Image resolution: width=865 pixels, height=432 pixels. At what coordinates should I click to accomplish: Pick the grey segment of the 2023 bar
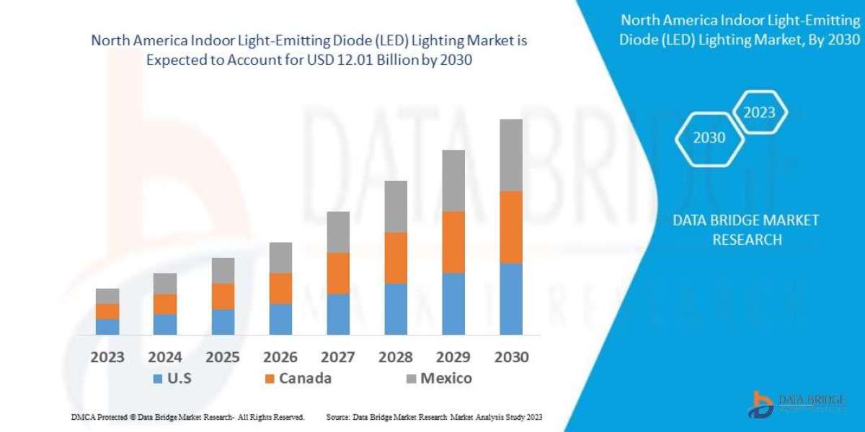(x=107, y=295)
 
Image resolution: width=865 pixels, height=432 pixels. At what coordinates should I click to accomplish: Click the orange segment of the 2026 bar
(x=280, y=288)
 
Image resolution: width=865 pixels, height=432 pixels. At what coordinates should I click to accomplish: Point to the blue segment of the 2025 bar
(x=223, y=321)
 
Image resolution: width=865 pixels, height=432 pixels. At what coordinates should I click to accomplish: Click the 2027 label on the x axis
(x=338, y=357)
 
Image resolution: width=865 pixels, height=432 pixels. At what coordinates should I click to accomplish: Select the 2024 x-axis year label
(x=165, y=357)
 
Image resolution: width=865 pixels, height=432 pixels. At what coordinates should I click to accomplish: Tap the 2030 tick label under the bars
(x=511, y=357)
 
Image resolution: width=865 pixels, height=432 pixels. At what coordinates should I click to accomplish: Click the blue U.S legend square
(x=157, y=379)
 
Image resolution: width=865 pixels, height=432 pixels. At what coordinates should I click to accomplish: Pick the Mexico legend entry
(x=446, y=379)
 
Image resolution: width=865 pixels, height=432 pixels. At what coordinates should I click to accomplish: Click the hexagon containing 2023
(x=759, y=113)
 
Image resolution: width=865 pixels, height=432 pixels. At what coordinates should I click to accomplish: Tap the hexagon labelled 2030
(x=709, y=138)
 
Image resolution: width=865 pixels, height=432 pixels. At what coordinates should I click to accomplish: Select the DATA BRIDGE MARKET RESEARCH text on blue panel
(x=746, y=230)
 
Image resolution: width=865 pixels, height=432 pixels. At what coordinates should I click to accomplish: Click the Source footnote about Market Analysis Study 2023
(x=434, y=417)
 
